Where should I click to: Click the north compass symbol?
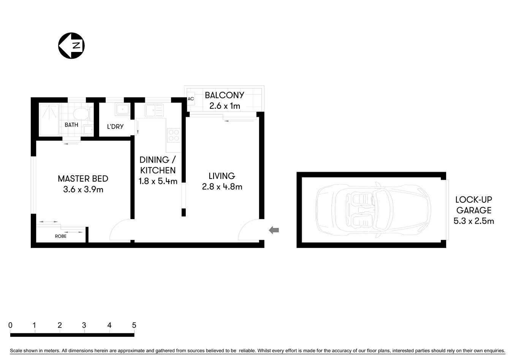(71, 46)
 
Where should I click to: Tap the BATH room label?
(71, 125)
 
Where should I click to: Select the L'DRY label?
(115, 127)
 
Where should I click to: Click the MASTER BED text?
(83, 179)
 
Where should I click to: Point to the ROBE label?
(61, 236)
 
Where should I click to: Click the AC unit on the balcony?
(191, 99)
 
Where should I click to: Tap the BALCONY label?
(225, 95)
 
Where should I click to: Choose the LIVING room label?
(222, 176)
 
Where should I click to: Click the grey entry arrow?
(274, 230)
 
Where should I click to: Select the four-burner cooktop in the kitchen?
(174, 135)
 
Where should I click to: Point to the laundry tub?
(123, 110)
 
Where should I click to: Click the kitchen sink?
(154, 110)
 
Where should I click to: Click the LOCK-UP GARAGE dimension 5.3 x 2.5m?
(474, 221)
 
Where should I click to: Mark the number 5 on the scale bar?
(134, 325)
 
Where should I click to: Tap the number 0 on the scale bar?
(10, 325)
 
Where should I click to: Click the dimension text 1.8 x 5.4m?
(158, 181)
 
